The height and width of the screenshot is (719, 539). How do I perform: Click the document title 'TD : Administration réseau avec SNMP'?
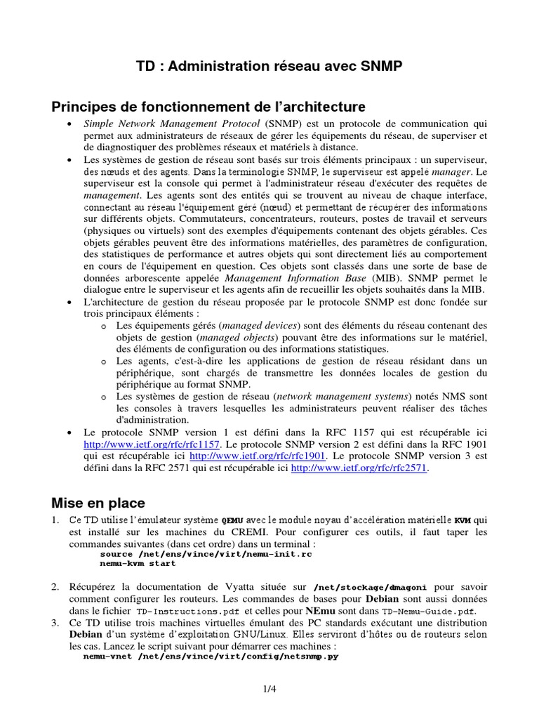coord(269,67)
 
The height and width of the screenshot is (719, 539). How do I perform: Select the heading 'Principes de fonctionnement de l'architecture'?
coord(208,107)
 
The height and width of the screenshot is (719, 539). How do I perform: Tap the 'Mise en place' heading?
coord(98,503)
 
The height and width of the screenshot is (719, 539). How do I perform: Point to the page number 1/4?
coord(269,690)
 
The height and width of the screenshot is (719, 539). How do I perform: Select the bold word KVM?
coord(463,521)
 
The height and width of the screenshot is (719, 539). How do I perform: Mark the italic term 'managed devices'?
coord(259,326)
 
